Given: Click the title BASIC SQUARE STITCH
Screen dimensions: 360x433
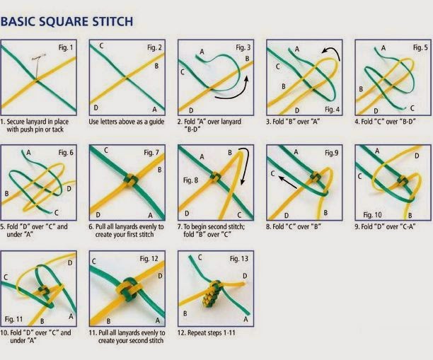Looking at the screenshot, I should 67,21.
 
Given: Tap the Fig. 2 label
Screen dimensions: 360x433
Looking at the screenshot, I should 154,47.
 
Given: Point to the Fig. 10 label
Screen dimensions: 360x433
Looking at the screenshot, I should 376,213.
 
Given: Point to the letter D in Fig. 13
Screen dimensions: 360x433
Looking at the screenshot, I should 245,274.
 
